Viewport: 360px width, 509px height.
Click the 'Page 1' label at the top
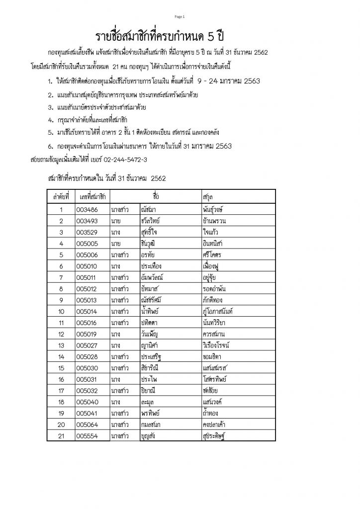click(180, 17)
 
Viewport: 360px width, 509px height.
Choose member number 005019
click(88, 334)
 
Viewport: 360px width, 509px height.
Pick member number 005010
click(88, 265)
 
